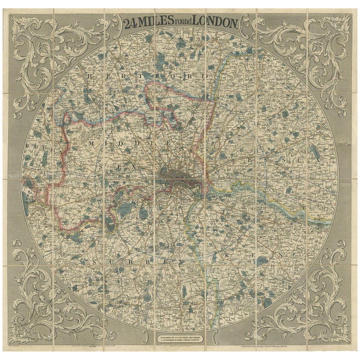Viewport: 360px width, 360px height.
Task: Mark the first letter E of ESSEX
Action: [249, 160]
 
